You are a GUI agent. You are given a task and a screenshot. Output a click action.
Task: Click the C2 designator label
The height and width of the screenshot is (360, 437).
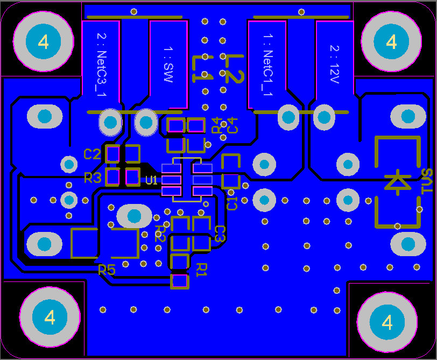(x=92, y=154)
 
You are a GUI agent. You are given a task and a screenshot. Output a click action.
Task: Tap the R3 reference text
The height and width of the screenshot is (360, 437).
(x=93, y=178)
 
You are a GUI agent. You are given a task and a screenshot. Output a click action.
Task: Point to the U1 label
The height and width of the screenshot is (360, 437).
(x=151, y=180)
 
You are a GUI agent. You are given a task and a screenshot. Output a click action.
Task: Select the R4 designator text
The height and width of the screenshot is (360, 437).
(x=216, y=125)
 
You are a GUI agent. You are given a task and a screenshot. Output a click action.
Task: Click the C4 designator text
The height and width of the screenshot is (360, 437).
(x=232, y=125)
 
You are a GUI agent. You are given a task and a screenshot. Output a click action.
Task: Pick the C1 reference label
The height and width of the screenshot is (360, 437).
(x=232, y=203)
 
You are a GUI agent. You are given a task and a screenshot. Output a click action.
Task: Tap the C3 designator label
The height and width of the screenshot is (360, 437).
(x=220, y=234)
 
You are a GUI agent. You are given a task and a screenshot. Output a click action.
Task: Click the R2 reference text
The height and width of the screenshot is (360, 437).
(x=160, y=232)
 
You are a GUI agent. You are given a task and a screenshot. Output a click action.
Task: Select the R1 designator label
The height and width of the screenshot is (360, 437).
(x=201, y=269)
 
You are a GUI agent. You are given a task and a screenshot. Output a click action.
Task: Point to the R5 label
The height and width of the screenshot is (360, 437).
(x=107, y=270)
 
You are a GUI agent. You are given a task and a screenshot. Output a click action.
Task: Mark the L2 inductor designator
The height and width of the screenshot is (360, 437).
(x=233, y=68)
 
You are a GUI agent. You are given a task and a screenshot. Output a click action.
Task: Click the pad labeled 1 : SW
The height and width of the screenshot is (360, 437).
(x=168, y=65)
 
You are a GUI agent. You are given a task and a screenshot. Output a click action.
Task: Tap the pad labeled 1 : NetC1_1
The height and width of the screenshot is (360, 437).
(x=267, y=65)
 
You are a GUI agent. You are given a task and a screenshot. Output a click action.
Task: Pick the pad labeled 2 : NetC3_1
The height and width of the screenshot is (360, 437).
(x=101, y=65)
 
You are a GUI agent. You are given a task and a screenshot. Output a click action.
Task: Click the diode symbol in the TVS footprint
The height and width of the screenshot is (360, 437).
(x=397, y=182)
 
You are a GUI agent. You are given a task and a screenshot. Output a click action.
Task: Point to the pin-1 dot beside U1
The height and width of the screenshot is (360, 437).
(x=206, y=204)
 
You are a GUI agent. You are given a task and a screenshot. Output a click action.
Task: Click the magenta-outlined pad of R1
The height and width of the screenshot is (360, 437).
(x=179, y=281)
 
